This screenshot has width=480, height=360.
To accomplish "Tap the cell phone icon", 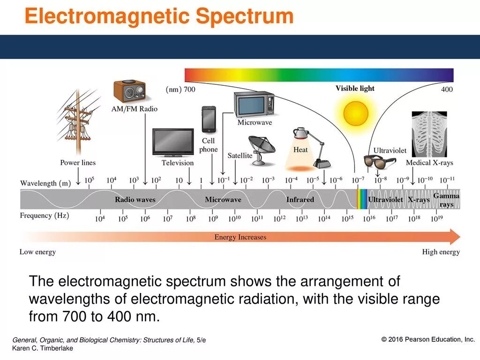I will tap(209, 120).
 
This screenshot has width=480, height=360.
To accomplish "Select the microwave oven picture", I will tap(254, 104).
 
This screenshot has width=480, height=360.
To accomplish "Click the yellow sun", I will tap(356, 113).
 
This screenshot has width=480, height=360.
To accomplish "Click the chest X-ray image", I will tap(429, 134).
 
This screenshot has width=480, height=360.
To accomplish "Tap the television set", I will tap(173, 142).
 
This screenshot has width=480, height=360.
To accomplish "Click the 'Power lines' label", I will tap(78, 163).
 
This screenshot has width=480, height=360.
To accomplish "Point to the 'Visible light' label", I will tap(355, 88).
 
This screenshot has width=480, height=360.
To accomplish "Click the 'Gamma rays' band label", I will tap(446, 200).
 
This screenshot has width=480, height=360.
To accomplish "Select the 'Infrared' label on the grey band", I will tap(300, 200).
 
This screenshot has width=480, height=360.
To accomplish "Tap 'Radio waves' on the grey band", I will tap(135, 200).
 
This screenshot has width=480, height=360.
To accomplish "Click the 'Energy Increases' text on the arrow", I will tap(240, 237).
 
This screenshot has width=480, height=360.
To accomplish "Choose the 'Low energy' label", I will tap(37, 252).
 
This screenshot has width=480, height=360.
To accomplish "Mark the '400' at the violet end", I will tap(447, 89).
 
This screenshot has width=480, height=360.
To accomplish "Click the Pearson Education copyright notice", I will tap(428, 339).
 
